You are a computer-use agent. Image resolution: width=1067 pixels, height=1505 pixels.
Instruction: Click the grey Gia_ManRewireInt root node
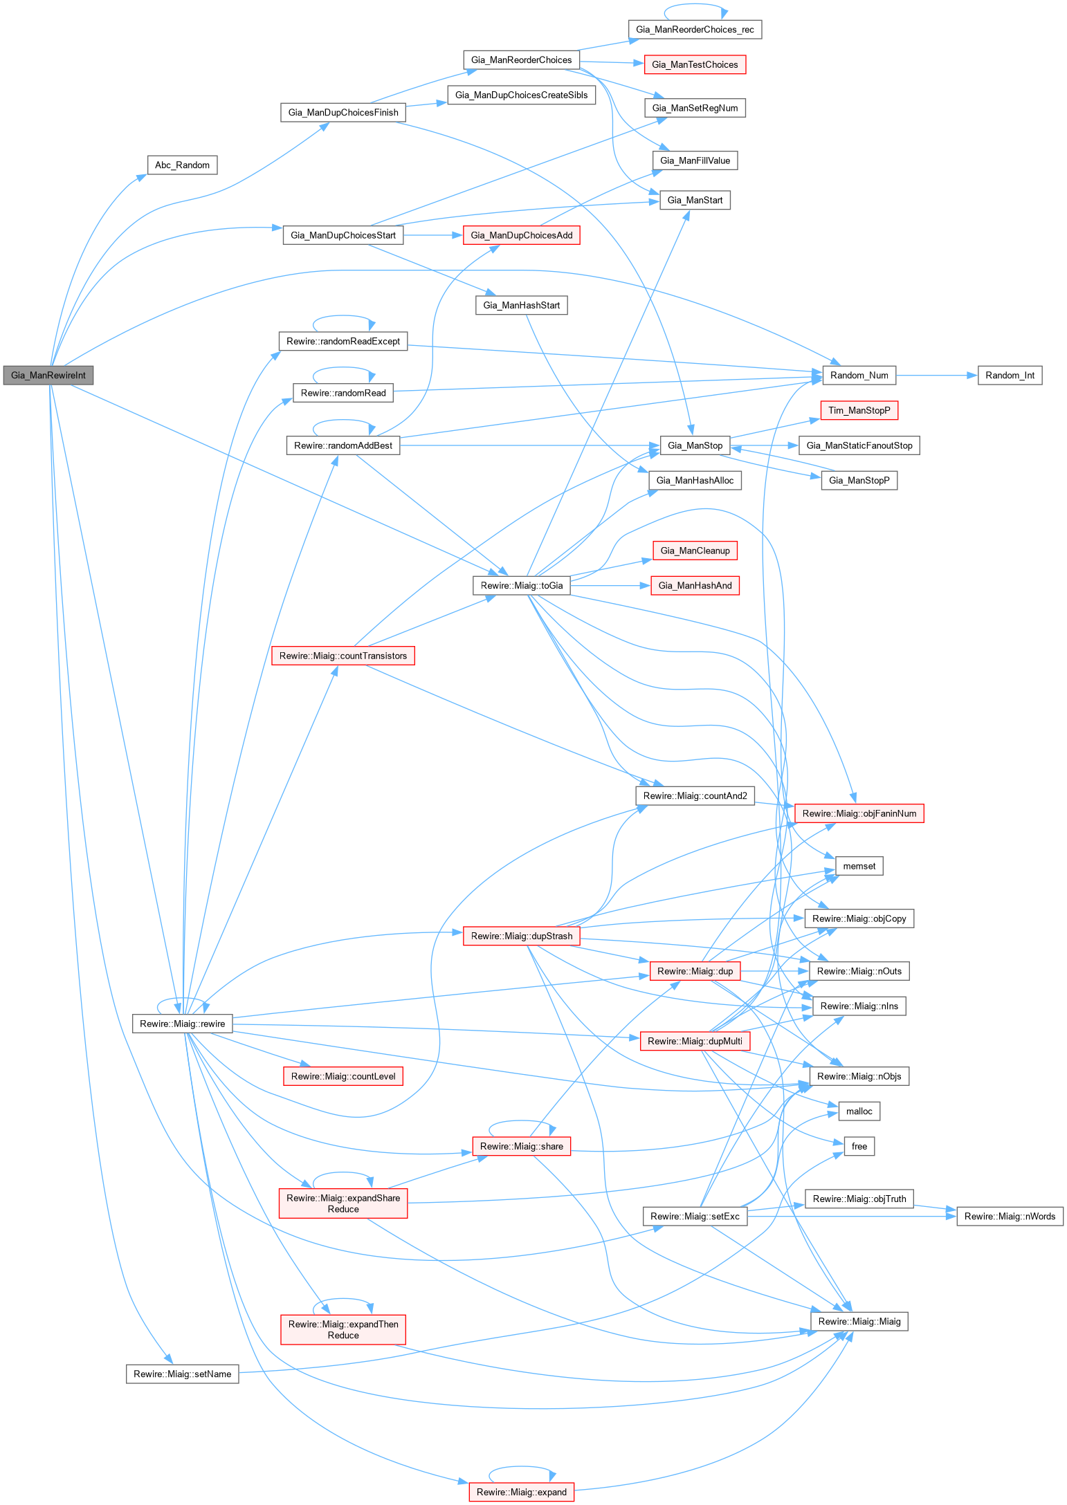click(48, 376)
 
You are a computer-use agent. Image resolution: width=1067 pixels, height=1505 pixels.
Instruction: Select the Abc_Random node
click(182, 165)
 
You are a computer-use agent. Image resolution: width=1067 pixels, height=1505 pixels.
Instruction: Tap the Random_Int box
click(1010, 376)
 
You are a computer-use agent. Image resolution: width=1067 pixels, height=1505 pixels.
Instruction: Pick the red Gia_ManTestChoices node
click(695, 65)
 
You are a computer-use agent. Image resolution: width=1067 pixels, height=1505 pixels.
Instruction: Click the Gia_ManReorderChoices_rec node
click(695, 30)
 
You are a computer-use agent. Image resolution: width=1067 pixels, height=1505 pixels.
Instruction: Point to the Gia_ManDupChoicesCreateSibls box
click(521, 95)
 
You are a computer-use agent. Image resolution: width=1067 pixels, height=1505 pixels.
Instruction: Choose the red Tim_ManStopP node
click(859, 411)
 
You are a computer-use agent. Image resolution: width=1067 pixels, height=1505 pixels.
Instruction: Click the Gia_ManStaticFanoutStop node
click(859, 445)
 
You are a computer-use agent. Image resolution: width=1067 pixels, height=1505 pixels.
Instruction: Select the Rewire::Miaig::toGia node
click(521, 586)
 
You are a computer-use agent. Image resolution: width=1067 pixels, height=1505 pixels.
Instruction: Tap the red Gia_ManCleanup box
click(695, 551)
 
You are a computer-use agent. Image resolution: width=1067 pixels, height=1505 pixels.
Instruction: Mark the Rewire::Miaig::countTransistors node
click(343, 656)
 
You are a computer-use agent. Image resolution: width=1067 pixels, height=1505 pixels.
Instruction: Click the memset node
click(859, 866)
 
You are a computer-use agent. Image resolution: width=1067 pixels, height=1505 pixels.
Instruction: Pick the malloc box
click(859, 1111)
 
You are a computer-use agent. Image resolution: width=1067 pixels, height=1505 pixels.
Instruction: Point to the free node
click(859, 1147)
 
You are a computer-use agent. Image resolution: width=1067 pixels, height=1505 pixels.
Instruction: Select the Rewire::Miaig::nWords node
click(1010, 1217)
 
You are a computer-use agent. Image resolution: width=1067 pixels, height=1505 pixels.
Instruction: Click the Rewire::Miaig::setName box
click(182, 1374)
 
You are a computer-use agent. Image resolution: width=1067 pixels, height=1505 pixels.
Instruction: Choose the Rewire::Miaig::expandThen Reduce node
click(343, 1330)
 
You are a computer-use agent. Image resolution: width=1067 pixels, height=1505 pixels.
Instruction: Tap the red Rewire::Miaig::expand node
click(521, 1492)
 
